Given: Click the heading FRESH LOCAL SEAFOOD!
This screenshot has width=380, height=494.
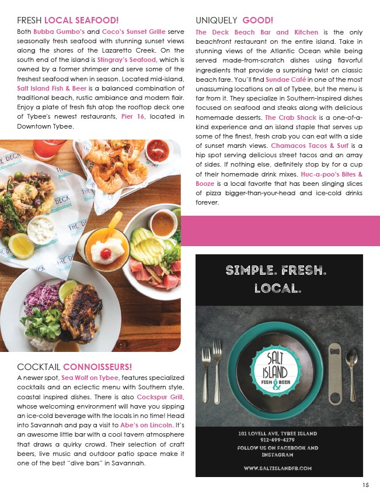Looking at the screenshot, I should pyautogui.click(x=68, y=20).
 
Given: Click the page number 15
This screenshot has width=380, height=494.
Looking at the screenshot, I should pyautogui.click(x=365, y=485).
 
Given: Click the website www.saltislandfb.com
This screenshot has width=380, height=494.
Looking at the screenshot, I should pyautogui.click(x=277, y=468).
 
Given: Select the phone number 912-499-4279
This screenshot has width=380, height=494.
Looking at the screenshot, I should pyautogui.click(x=277, y=441).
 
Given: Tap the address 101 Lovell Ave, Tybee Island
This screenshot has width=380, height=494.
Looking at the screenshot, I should pyautogui.click(x=277, y=433).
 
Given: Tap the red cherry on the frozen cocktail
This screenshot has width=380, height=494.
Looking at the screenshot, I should pyautogui.click(x=105, y=254).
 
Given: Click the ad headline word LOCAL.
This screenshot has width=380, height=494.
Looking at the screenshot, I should pyautogui.click(x=277, y=288).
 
